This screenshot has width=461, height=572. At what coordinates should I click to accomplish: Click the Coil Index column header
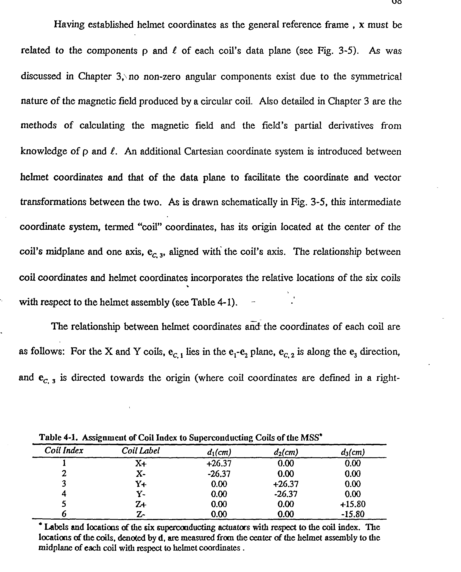[x=64, y=450]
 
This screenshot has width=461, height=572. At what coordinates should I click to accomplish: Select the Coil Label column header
[x=140, y=451]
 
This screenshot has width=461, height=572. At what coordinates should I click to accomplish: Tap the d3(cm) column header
[x=352, y=452]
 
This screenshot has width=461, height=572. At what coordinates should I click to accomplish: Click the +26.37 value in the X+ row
[x=219, y=463]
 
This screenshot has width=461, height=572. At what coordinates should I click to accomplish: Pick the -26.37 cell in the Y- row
[x=286, y=494]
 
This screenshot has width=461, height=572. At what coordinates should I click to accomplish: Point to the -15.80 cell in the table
[x=353, y=514]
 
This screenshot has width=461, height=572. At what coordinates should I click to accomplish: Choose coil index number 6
[x=64, y=514]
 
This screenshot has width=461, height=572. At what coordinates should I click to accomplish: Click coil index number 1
[x=64, y=463]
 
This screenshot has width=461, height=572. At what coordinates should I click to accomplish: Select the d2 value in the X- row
[x=286, y=474]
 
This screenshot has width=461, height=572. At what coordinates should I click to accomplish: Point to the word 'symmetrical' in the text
[x=376, y=77]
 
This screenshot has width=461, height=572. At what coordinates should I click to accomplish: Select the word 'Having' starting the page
[x=69, y=25]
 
